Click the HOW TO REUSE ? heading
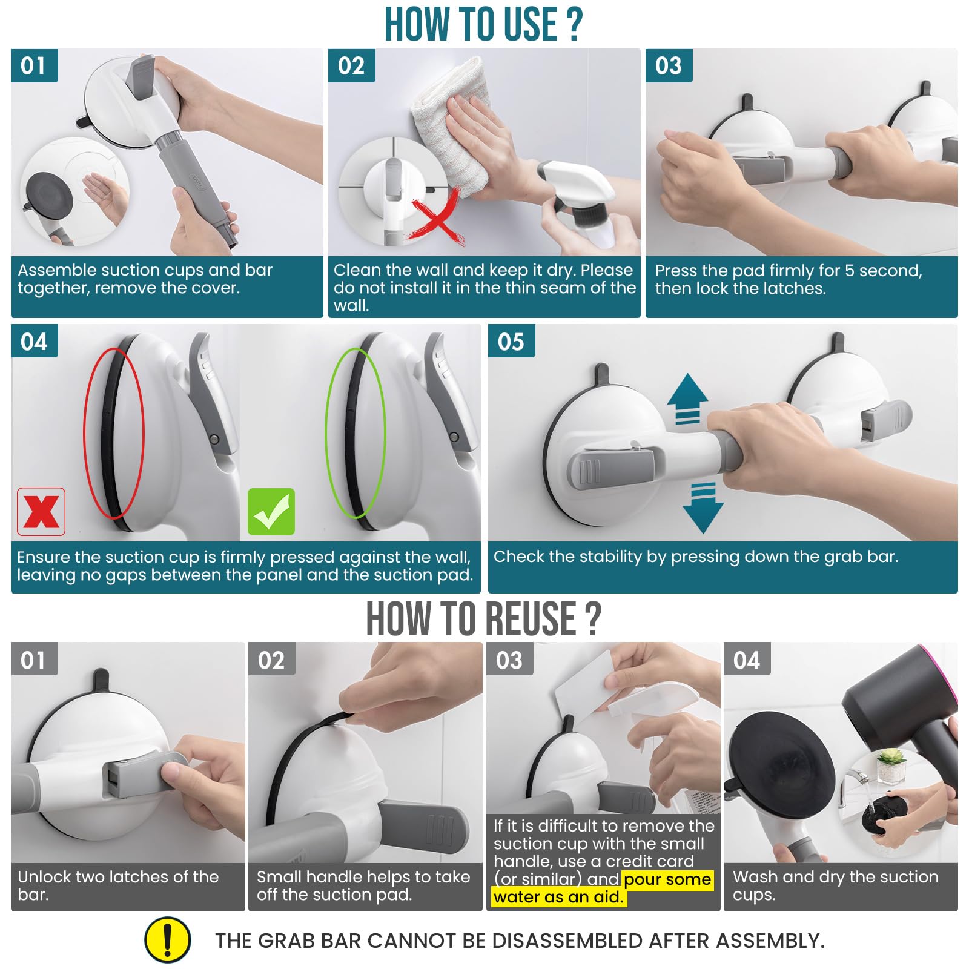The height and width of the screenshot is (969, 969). click(x=483, y=619)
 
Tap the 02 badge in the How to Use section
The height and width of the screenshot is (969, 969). click(x=351, y=65)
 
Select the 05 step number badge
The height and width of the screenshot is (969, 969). click(x=511, y=342)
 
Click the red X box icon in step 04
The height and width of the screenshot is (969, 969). click(x=41, y=512)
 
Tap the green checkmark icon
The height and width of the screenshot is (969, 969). click(x=271, y=512)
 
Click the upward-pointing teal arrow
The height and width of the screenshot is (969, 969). click(x=687, y=397)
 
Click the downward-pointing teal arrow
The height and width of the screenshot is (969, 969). click(x=703, y=509)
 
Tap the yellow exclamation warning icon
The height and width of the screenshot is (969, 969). click(x=168, y=940)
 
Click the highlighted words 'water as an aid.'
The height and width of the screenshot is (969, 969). click(x=558, y=897)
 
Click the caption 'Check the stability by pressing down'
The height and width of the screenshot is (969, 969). click(x=695, y=557)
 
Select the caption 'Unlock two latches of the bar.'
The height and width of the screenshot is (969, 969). click(x=118, y=885)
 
